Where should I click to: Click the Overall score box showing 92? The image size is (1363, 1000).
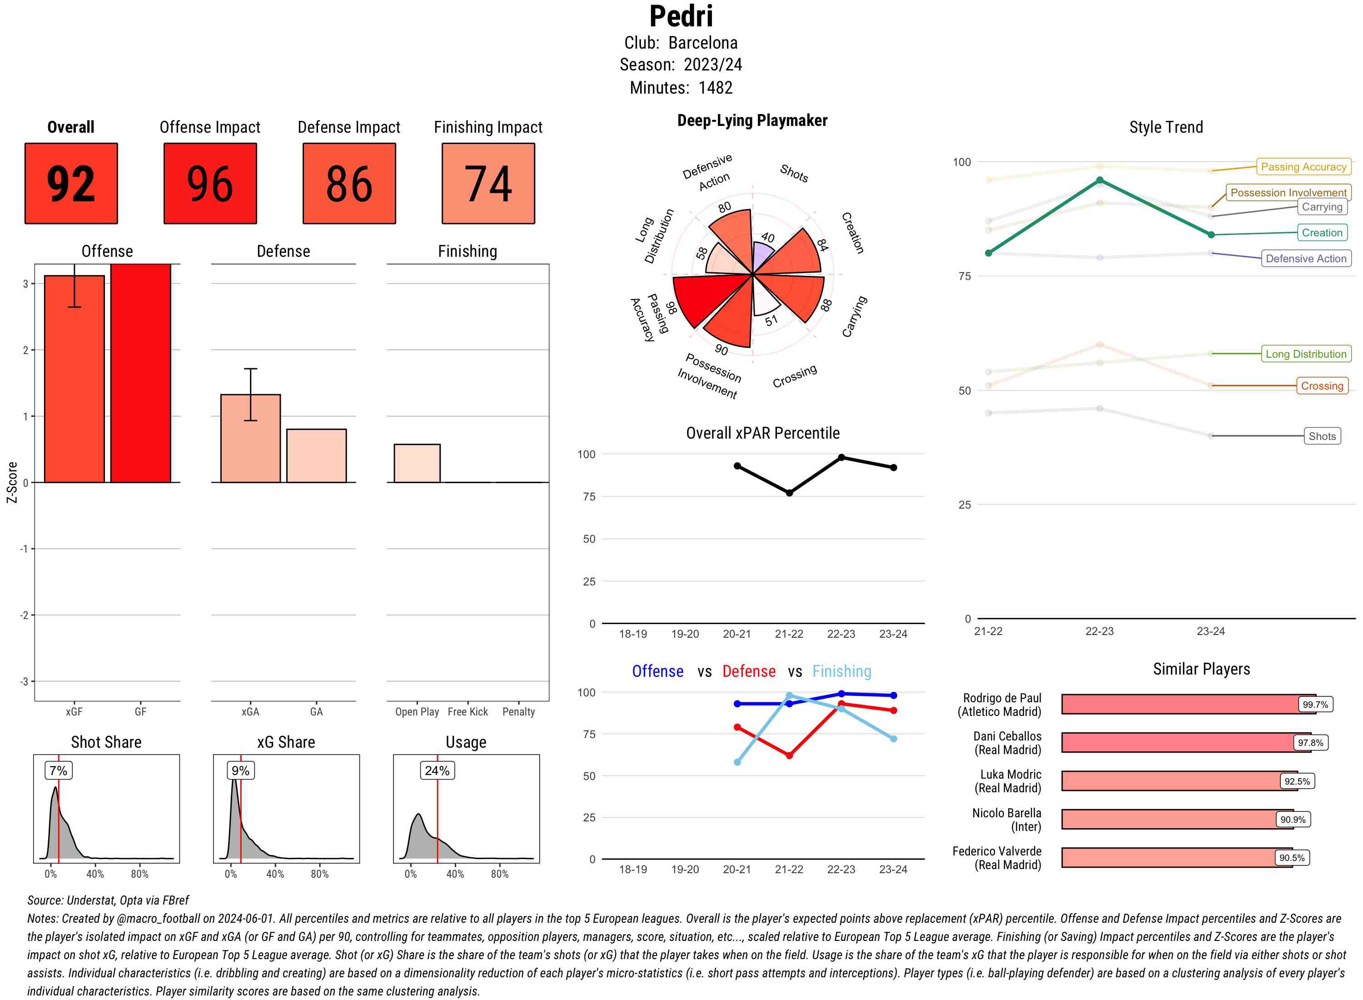(71, 184)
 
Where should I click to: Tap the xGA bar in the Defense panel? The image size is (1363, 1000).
(250, 438)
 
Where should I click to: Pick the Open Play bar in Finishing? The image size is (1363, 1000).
(417, 463)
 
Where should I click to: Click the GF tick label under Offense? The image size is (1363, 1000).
(140, 712)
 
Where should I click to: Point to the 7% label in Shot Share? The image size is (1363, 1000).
(58, 770)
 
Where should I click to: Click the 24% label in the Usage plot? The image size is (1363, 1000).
(437, 770)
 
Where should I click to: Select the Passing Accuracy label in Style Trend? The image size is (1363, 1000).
(1303, 166)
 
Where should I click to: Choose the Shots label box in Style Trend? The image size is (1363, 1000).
(1321, 436)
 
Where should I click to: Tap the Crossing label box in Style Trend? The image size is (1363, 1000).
(1321, 385)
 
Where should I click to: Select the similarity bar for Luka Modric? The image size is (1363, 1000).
(1171, 781)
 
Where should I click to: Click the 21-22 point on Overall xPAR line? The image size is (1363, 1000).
(789, 493)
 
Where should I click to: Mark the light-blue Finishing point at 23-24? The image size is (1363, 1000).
(893, 739)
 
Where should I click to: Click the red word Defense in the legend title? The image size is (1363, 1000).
(748, 671)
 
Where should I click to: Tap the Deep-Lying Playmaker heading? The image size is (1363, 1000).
(752, 120)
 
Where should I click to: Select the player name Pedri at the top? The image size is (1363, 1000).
(681, 16)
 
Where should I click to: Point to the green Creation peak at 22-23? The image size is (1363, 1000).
(1099, 180)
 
